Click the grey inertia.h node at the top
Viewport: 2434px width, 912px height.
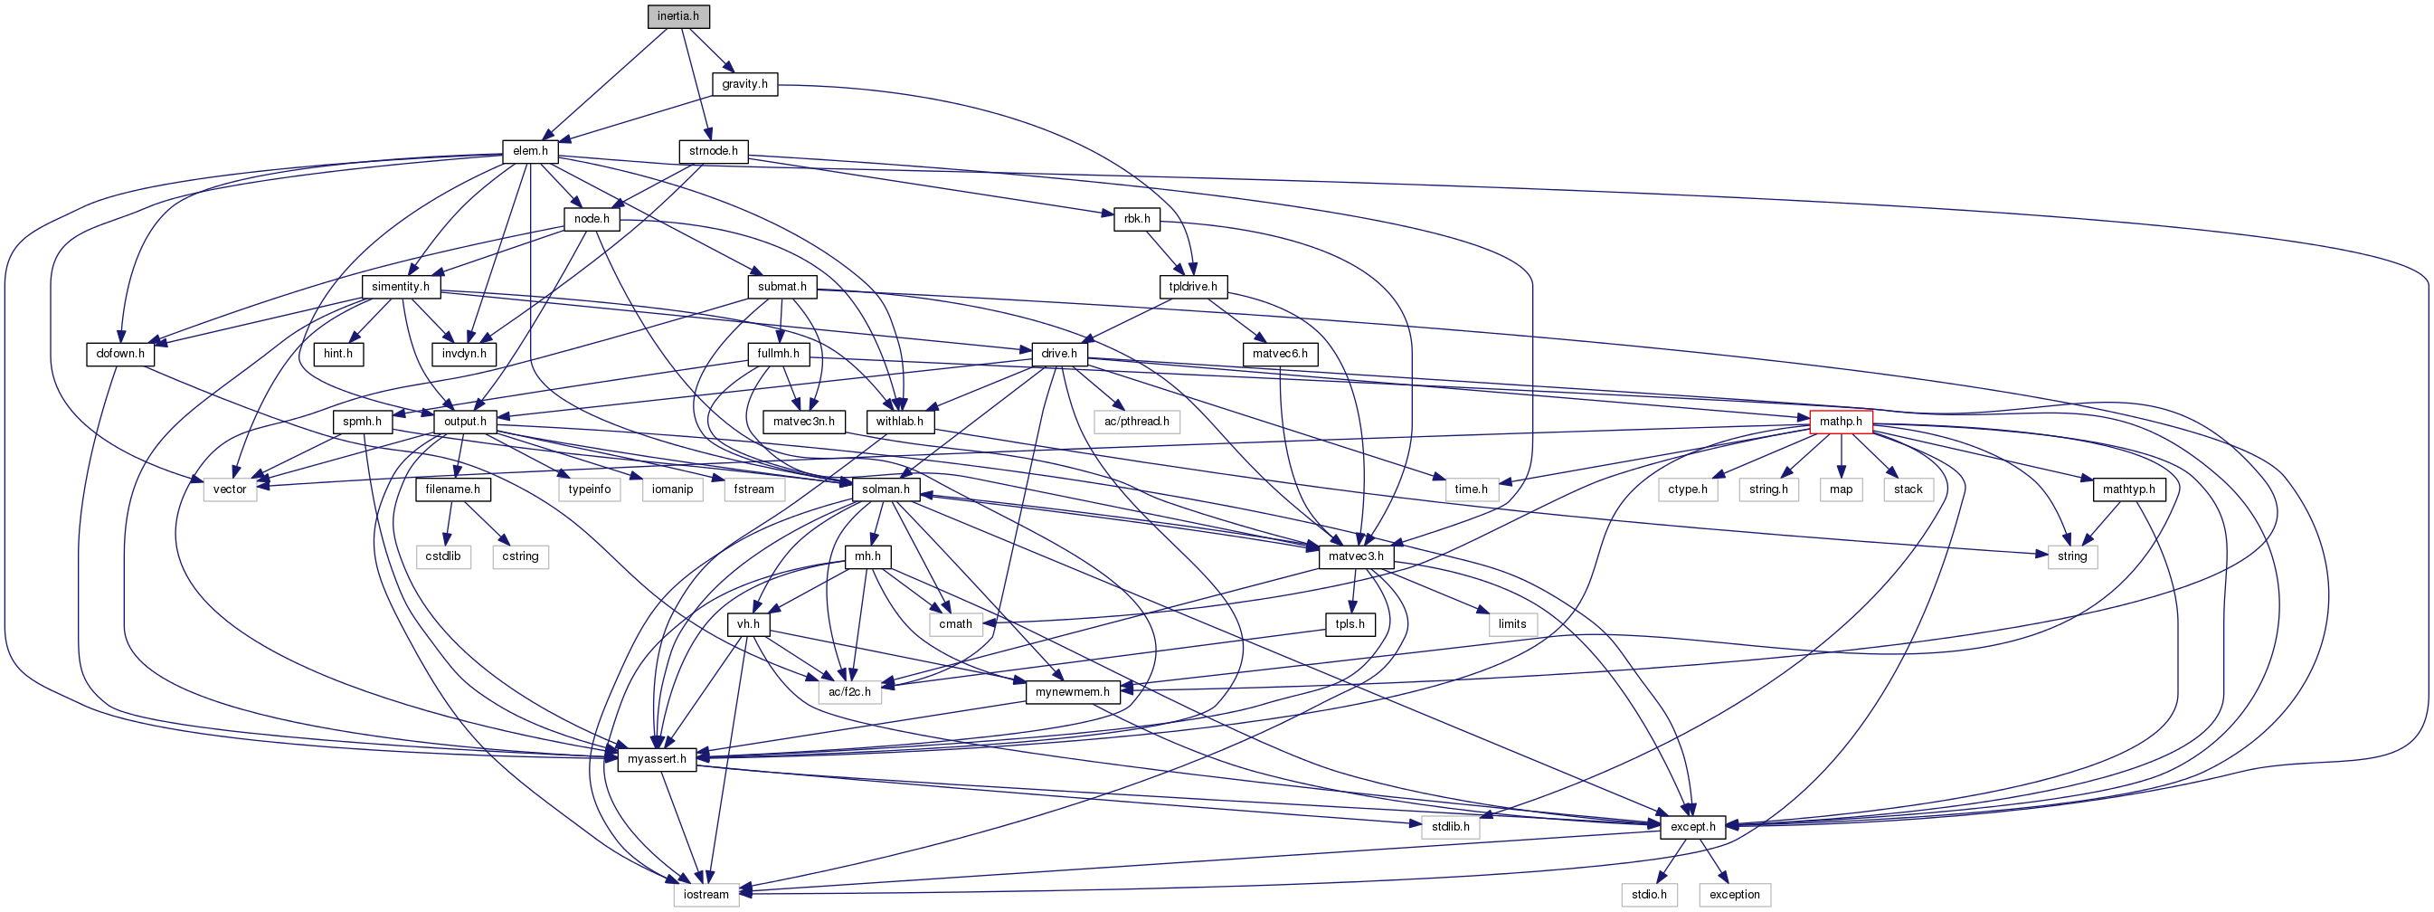coord(678,16)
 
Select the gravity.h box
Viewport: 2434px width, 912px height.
coord(744,84)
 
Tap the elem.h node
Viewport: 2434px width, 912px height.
coord(530,151)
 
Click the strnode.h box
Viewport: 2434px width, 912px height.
coord(714,151)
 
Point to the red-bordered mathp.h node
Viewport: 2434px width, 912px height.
coord(1841,422)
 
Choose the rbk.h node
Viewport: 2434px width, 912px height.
coord(1137,218)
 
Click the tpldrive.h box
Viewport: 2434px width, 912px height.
coord(1192,287)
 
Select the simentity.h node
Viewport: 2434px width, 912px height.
coord(401,287)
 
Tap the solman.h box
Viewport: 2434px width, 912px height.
coord(886,489)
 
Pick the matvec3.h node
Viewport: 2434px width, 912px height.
coord(1356,556)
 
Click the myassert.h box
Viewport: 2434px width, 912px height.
coord(657,759)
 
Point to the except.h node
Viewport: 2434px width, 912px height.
coord(1692,826)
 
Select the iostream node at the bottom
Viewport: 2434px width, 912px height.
coord(706,894)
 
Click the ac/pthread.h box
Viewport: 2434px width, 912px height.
coord(1137,422)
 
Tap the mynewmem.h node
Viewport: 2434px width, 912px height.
coord(1073,692)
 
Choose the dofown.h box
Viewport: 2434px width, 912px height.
coord(120,354)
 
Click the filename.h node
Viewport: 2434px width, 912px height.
coord(452,489)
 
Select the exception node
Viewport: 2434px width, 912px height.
coord(1734,894)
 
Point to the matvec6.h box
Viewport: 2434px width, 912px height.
coord(1280,354)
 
